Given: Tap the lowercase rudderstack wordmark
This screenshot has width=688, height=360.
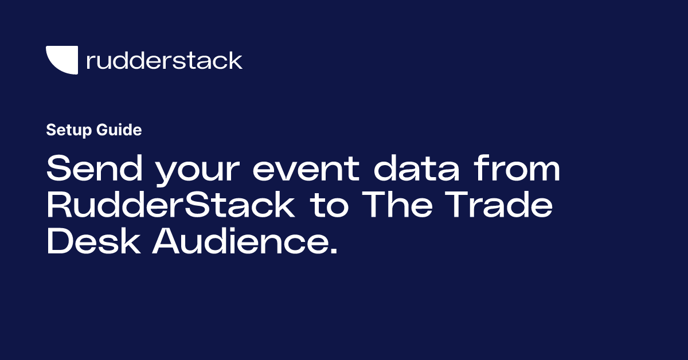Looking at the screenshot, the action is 165,60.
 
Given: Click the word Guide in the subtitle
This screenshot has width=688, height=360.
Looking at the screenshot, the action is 119,130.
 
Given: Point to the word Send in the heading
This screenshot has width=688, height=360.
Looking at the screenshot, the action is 95,169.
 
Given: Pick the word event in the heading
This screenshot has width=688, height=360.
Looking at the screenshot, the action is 306,170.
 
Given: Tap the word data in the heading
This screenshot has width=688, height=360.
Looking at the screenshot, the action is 416,169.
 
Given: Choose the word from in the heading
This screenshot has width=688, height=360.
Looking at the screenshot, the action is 517,169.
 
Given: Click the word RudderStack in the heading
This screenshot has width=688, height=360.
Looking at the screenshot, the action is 171,205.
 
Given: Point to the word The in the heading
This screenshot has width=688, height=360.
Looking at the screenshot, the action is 397,205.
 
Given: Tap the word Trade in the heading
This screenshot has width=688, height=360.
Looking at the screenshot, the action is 499,205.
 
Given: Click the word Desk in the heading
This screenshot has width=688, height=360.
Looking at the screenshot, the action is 93,241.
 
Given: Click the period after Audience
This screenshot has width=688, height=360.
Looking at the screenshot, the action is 334,251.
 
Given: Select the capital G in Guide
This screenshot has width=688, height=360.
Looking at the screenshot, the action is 102,130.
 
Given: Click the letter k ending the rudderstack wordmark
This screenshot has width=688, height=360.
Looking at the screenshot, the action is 235,60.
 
